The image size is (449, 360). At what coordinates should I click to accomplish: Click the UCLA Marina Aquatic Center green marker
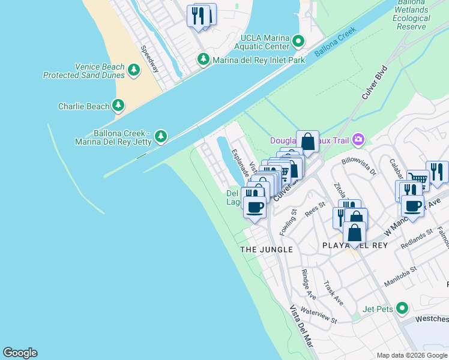pyautogui.click(x=298, y=41)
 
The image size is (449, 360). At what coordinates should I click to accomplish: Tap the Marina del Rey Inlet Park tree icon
pyautogui.click(x=203, y=59)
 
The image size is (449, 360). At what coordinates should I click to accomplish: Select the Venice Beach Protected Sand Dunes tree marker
pyautogui.click(x=133, y=71)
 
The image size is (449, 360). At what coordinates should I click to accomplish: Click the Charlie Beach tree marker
pyautogui.click(x=119, y=106)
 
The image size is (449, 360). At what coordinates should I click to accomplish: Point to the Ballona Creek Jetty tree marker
pyautogui.click(x=160, y=137)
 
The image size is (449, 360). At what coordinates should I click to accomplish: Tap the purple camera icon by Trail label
pyautogui.click(x=358, y=140)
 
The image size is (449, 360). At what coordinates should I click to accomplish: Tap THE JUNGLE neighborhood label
pyautogui.click(x=267, y=249)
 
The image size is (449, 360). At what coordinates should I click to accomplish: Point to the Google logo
pyautogui.click(x=20, y=353)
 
